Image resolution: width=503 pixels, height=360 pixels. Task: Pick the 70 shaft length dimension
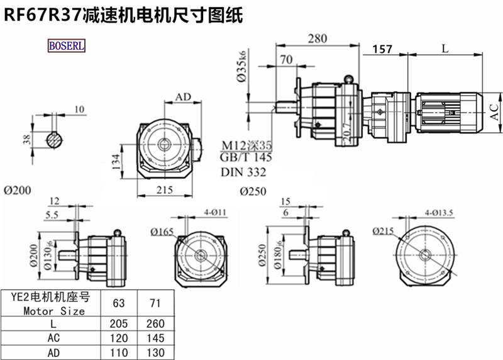(286, 60)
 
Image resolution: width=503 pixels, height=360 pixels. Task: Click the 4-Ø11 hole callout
(215, 212)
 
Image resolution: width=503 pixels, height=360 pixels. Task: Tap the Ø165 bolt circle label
(162, 232)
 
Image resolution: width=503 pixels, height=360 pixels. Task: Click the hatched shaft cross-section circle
(56, 138)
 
